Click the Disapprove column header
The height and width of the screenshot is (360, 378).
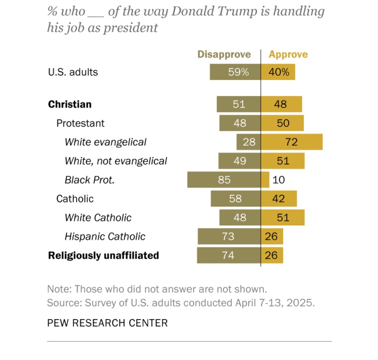tap(224, 55)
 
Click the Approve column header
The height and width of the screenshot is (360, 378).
tap(288, 55)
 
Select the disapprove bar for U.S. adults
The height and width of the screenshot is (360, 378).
tap(235, 72)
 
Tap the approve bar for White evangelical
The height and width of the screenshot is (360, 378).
tap(292, 142)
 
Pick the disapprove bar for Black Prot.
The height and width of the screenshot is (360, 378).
tap(224, 180)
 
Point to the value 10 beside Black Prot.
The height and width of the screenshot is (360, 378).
tap(279, 180)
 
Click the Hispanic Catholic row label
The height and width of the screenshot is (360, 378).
tap(105, 236)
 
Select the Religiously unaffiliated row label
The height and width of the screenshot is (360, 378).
tap(103, 255)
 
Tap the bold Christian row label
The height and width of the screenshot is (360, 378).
tap(70, 104)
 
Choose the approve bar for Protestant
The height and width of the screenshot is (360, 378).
tap(282, 123)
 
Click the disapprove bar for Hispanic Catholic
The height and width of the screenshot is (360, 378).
tap(229, 236)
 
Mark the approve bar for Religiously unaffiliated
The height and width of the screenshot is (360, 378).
tap(272, 255)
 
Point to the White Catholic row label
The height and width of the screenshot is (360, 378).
tap(98, 218)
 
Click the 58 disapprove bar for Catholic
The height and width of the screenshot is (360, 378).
tap(236, 199)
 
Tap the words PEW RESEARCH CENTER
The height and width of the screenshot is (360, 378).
tap(107, 323)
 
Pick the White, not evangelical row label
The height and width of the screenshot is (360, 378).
tap(116, 161)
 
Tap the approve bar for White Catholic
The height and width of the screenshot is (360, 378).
tap(283, 218)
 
